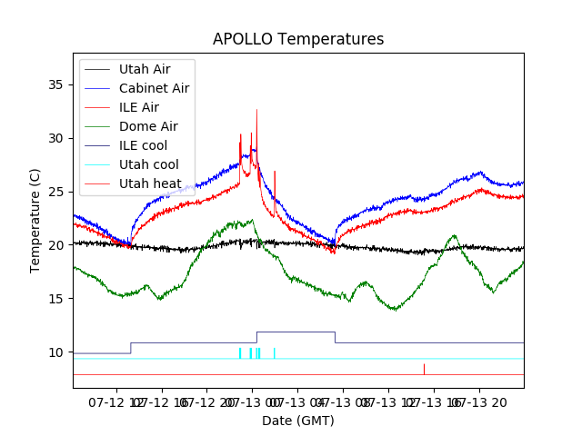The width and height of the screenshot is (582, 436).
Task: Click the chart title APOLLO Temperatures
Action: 298,40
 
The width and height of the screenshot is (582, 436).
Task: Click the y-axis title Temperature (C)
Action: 35,221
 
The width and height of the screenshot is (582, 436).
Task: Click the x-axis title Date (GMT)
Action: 298,421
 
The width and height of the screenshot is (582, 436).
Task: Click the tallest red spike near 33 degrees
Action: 256,111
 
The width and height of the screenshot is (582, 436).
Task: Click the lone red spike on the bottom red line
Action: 424,368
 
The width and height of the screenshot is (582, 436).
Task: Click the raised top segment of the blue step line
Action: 296,332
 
